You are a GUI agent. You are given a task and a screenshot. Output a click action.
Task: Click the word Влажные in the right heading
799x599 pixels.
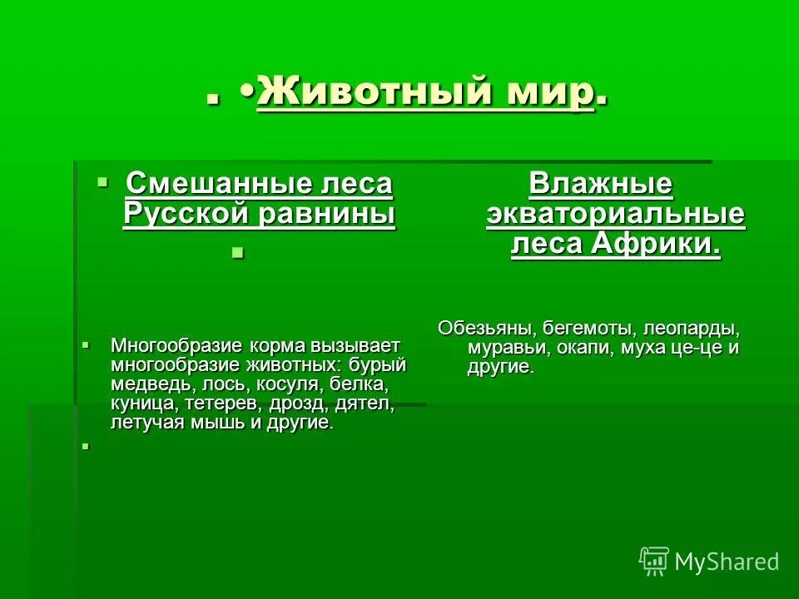pyautogui.click(x=600, y=184)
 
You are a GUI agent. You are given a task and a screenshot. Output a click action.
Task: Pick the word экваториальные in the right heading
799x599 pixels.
pyautogui.click(x=615, y=214)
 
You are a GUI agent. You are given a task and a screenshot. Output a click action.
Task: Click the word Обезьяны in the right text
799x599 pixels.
pyautogui.click(x=479, y=328)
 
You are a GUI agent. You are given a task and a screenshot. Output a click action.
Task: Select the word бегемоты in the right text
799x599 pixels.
pyautogui.click(x=572, y=328)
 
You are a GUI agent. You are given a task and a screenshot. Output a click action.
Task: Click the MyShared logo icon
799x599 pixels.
pyautogui.click(x=654, y=561)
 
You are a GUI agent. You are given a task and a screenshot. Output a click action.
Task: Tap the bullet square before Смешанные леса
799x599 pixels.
pyautogui.click(x=102, y=181)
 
